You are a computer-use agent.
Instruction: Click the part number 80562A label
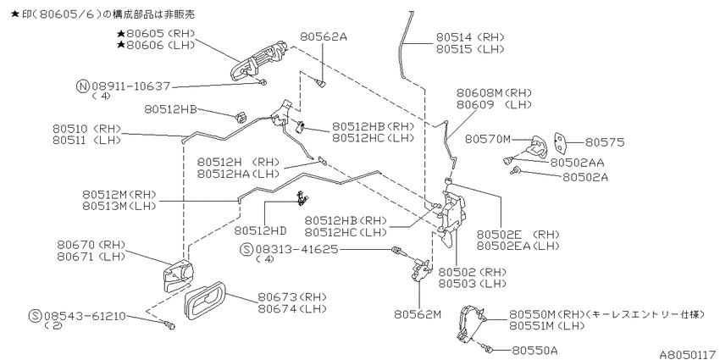(x=324, y=36)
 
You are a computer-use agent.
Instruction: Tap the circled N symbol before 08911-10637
(x=83, y=86)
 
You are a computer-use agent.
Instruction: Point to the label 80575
(x=605, y=143)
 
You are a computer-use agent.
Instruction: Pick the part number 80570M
(x=488, y=139)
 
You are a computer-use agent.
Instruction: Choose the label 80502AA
(x=577, y=163)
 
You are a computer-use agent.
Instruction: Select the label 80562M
(x=417, y=314)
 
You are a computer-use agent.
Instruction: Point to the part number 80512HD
(x=260, y=230)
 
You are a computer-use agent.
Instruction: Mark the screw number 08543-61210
(x=85, y=317)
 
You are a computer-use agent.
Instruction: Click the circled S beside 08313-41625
(x=247, y=250)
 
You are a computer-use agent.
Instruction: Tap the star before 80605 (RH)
(x=121, y=34)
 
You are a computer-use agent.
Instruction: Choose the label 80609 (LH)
(x=494, y=105)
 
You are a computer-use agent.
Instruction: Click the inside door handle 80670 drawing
(x=177, y=276)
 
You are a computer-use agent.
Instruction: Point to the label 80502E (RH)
(x=518, y=235)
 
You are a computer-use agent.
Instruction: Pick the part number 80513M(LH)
(x=119, y=206)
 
